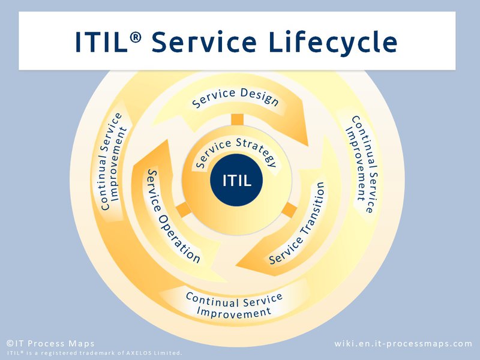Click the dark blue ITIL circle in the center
[236, 180]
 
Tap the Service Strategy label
[235, 152]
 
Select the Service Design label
[235, 97]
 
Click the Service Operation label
[172, 215]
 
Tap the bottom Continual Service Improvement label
[234, 305]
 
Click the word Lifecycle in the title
[333, 41]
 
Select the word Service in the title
[204, 41]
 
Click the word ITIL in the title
[101, 41]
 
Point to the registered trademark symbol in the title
[136, 37]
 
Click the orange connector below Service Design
[237, 119]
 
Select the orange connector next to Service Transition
[289, 210]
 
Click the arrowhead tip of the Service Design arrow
[308, 146]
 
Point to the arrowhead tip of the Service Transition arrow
[236, 265]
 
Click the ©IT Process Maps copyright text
[50, 343]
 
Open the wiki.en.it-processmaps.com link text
[403, 343]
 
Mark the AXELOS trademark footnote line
[94, 353]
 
